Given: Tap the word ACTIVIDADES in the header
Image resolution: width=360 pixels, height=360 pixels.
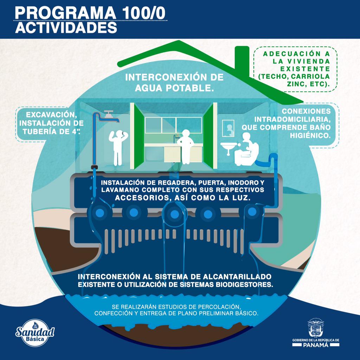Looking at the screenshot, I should tap(66, 28).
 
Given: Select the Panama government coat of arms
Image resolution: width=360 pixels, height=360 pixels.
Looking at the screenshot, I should tap(315, 328).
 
